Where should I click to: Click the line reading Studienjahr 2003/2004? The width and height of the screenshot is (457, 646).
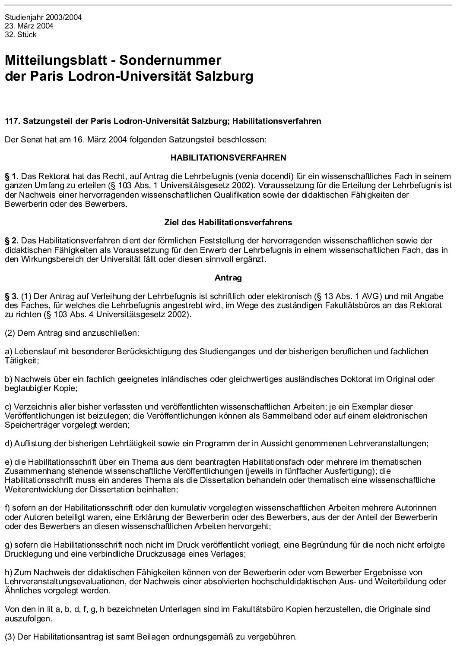click(x=43, y=18)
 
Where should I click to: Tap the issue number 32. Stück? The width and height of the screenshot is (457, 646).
click(x=21, y=35)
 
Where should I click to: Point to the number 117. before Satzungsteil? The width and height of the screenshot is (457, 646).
click(x=12, y=121)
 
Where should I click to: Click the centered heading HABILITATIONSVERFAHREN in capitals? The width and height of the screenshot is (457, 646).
click(x=228, y=158)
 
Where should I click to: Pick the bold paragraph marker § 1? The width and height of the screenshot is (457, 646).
click(x=12, y=176)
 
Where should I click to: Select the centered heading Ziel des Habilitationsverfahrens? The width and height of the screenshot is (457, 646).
click(x=228, y=223)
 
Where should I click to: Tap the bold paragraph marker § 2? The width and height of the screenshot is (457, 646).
click(x=12, y=241)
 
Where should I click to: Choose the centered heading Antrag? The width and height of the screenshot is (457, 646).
click(x=228, y=278)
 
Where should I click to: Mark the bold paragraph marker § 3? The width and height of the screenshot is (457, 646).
click(x=12, y=296)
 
